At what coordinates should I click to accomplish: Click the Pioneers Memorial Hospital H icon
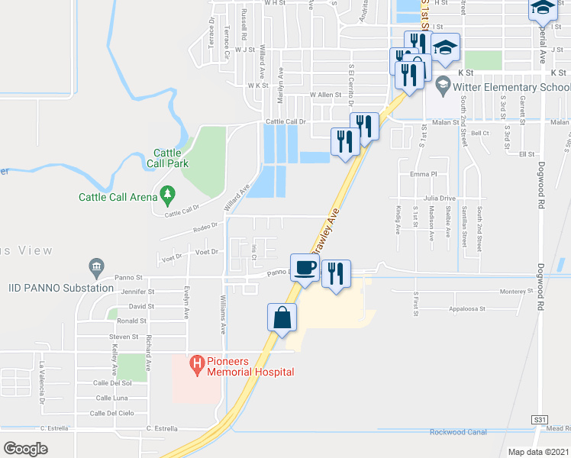[198, 365]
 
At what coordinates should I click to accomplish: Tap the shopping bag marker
[282, 317]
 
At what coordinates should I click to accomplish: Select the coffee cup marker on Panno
[305, 268]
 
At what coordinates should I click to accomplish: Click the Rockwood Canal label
[458, 432]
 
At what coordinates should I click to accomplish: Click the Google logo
[25, 448]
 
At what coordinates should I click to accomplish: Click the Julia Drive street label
[437, 198]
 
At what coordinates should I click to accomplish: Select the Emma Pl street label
[421, 174]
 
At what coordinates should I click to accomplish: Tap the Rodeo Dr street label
[205, 225]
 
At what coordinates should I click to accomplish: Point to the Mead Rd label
[558, 429]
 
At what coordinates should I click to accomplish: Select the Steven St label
[122, 336]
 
